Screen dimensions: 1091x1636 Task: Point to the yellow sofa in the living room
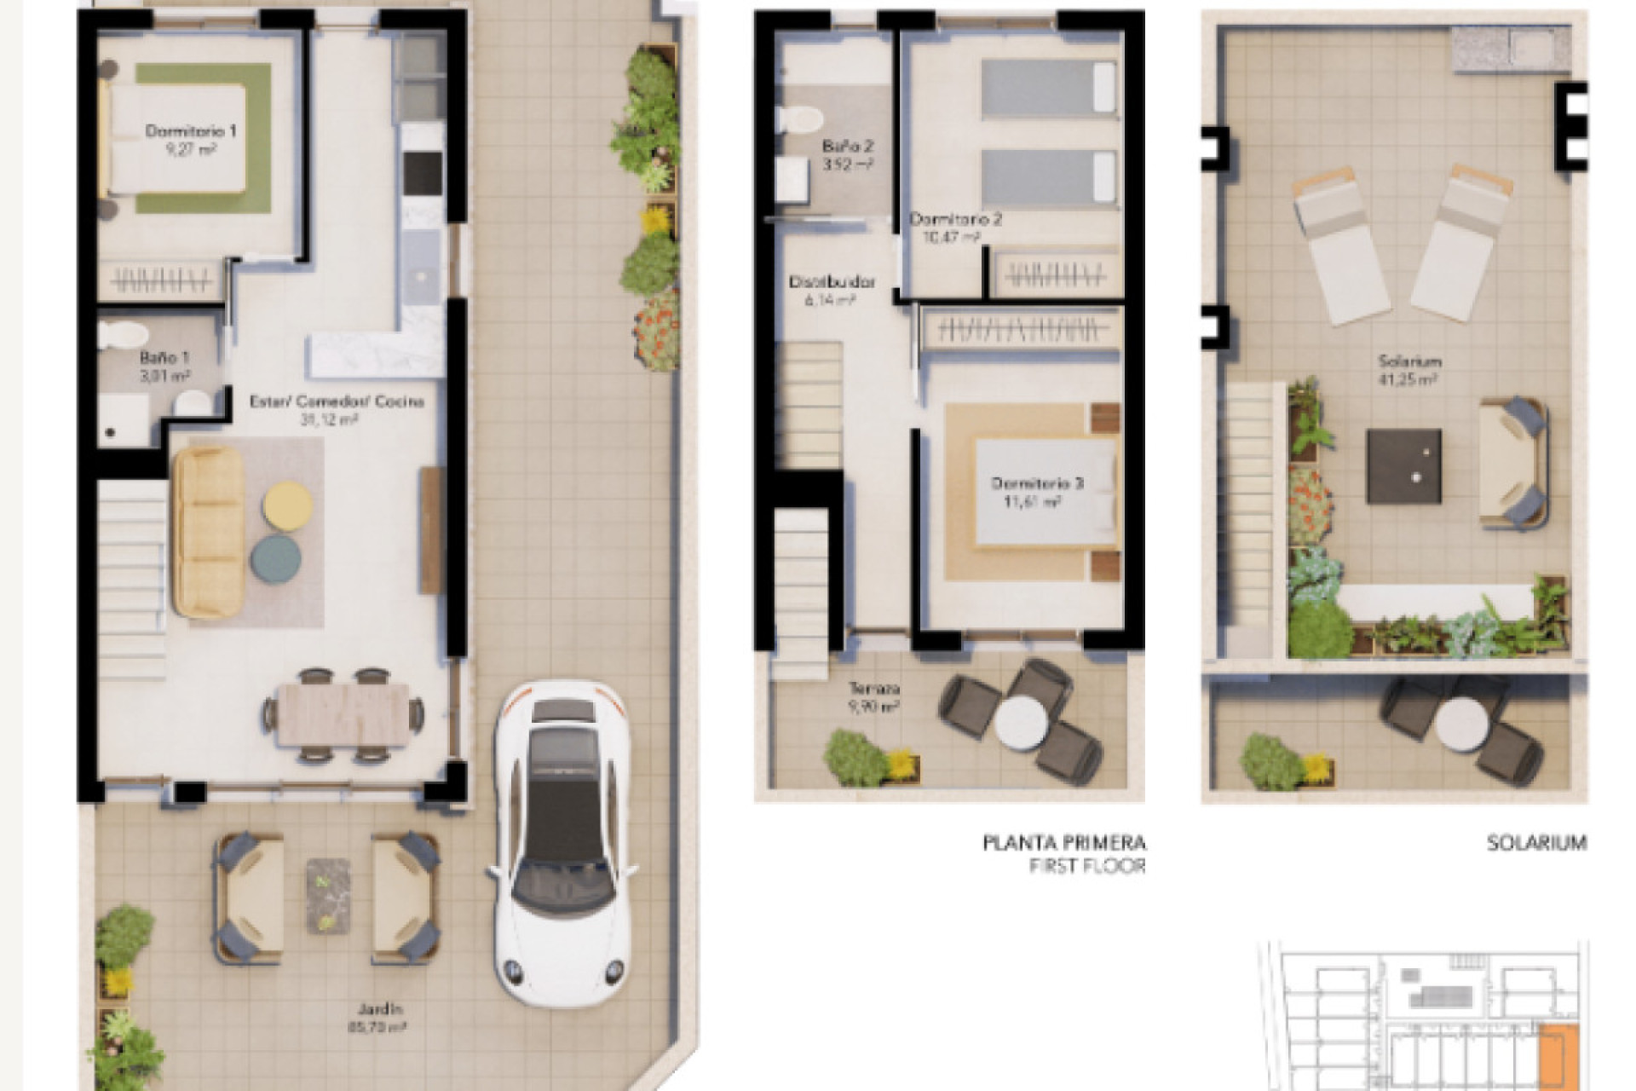click(x=209, y=532)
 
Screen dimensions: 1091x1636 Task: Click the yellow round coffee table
click(x=287, y=506)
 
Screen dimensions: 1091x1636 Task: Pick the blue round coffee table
click(x=276, y=559)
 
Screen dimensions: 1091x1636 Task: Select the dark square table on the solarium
click(x=1403, y=465)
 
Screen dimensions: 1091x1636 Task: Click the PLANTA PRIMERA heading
click(x=1064, y=843)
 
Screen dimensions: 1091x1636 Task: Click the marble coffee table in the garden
click(x=327, y=892)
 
